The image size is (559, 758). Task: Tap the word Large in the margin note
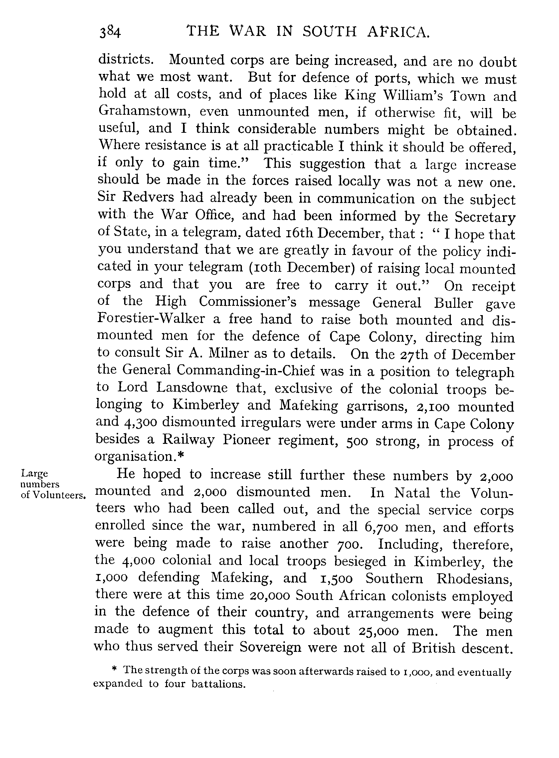coord(34,473)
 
